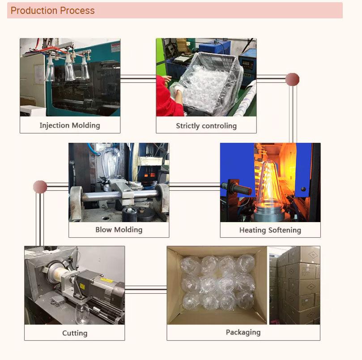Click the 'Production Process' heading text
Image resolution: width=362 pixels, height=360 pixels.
tap(53, 11)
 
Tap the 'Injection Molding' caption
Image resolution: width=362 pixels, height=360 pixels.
tap(70, 125)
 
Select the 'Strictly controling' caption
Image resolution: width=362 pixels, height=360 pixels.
tap(206, 126)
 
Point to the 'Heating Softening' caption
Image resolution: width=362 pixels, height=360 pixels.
tap(270, 230)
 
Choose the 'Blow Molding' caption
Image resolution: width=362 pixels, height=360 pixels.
tap(119, 230)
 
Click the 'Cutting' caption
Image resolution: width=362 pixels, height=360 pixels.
tap(75, 333)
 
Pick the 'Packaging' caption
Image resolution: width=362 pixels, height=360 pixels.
tap(243, 332)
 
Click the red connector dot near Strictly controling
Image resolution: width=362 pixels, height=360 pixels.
tap(292, 79)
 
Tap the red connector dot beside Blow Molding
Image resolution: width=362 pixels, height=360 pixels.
tap(40, 187)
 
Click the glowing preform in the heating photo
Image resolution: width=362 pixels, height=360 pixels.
tap(269, 185)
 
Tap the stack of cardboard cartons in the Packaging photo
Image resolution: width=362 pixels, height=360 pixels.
tap(295, 285)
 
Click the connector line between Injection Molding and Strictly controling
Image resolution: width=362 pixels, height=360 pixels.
tap(138, 78)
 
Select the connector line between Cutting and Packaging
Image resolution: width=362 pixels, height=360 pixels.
tap(146, 289)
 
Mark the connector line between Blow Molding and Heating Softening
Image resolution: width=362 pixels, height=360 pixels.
tap(195, 187)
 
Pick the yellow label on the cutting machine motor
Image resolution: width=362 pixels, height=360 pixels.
tap(106, 281)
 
